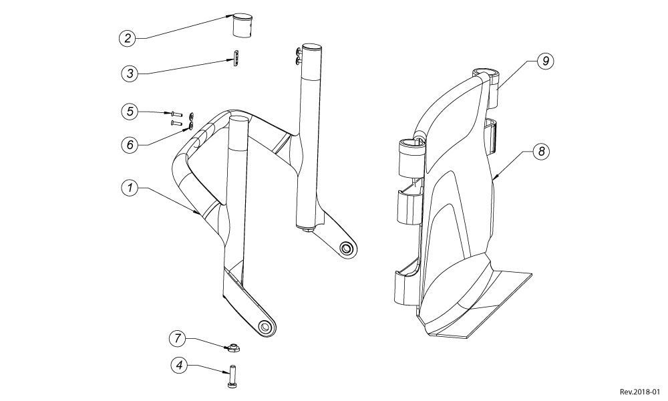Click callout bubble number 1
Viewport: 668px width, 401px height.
130,189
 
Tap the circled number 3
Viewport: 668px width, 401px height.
130,73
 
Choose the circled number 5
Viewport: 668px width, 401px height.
130,111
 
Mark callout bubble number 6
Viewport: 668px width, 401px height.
130,144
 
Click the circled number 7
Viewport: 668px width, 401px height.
177,338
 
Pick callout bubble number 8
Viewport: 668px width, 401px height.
541,152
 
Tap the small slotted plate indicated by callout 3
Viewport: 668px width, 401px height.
236,59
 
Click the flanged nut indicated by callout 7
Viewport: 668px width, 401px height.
234,346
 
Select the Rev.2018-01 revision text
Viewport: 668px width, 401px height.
639,392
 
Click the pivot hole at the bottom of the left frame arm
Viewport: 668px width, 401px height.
266,327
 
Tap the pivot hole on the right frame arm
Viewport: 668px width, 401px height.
346,249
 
